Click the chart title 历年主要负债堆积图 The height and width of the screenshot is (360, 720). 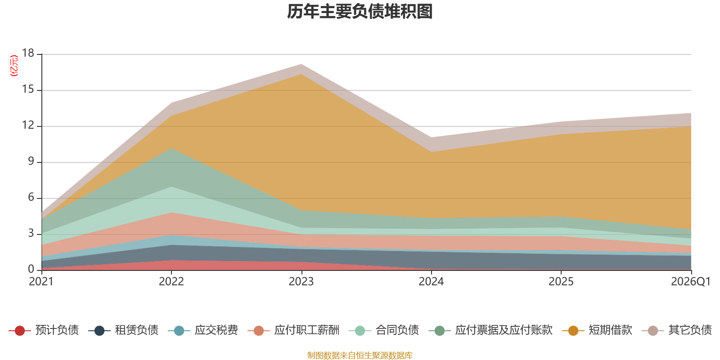point(360,12)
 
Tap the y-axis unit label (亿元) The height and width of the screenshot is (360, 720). point(14,66)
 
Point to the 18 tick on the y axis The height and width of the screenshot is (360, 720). point(28,54)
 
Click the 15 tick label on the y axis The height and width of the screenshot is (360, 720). point(28,90)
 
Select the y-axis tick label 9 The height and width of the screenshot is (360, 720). point(31,162)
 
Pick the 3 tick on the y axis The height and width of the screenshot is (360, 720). point(31,234)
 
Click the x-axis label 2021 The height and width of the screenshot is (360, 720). point(41,282)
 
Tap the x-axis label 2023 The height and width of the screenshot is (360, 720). point(301,282)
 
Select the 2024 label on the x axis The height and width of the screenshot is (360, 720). point(431,282)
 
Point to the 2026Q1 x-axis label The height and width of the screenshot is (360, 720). point(690,282)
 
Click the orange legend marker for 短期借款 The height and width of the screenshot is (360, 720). point(573,331)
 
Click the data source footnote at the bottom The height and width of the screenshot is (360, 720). point(360,355)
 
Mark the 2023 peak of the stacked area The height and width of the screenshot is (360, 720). point(301,64)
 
